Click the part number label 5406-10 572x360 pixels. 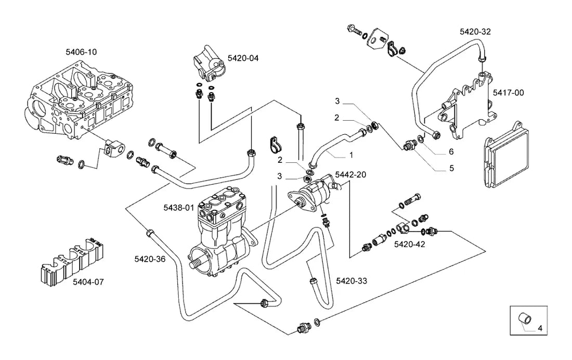(81, 52)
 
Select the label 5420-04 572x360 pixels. (243, 58)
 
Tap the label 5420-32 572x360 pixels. (475, 32)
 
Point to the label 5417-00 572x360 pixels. (508, 93)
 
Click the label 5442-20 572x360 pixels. (350, 174)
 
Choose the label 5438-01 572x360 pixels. (179, 208)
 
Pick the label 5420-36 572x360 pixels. (150, 259)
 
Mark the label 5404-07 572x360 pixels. (88, 282)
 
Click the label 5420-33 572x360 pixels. (352, 281)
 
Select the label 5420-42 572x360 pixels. (409, 245)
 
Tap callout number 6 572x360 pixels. (451, 151)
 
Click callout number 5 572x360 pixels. (451, 169)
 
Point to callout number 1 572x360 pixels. (351, 155)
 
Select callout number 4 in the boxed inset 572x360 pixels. (540, 328)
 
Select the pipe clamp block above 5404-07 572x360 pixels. (72, 261)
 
